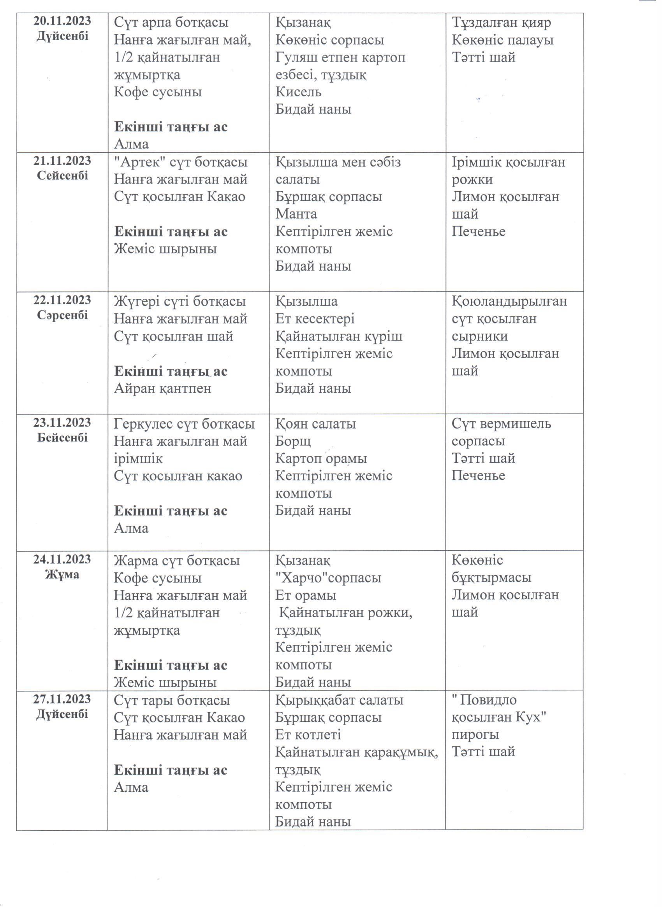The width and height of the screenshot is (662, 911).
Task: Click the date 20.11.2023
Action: pos(62,21)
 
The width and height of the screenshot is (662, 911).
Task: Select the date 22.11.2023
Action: pos(62,300)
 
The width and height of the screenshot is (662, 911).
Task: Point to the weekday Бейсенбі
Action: pos(62,438)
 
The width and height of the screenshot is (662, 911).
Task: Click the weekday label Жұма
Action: pos(62,574)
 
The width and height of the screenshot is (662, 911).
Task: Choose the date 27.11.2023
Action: pos(62,699)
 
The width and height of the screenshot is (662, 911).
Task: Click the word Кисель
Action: pos(298,92)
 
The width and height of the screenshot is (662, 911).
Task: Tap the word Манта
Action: pos(296,214)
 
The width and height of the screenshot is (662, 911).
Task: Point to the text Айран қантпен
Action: pos(163,388)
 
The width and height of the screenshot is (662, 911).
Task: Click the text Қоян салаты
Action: pos(315,424)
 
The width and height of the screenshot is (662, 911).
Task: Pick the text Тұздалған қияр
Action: pos(502,23)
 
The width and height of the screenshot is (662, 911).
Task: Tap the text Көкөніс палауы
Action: pos(503,40)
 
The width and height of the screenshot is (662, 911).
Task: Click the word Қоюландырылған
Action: pos(509,301)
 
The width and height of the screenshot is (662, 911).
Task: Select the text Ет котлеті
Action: pos(308,734)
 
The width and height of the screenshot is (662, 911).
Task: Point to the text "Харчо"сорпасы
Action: pos(328,578)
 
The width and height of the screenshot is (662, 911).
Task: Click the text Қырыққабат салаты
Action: pos(339,700)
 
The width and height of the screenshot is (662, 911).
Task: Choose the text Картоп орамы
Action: pos(321,459)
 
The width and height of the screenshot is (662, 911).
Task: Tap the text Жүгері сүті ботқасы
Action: pos(180,302)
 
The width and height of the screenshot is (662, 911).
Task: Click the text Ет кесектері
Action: pos(315,319)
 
